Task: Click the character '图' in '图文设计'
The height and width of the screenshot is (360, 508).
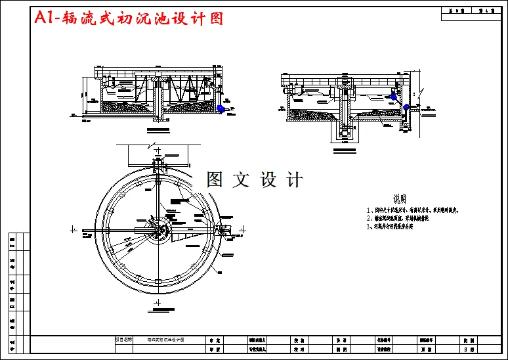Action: (215, 179)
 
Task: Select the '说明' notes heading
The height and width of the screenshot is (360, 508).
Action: (400, 198)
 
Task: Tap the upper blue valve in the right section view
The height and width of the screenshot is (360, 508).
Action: (393, 96)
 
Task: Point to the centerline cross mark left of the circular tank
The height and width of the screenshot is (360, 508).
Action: (74, 230)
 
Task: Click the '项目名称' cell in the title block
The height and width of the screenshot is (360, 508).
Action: (123, 340)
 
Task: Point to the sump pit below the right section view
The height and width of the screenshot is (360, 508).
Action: (345, 131)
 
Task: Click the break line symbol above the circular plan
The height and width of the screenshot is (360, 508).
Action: (152, 145)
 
